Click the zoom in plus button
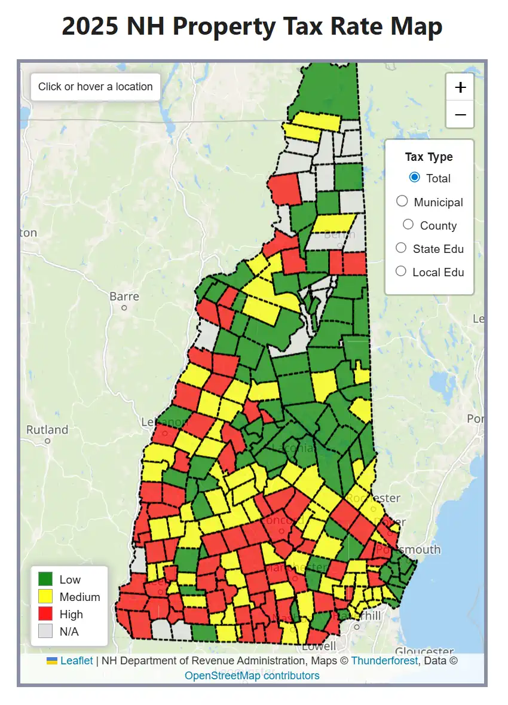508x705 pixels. [460, 87]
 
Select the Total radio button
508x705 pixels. [414, 177]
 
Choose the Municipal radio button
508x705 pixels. [402, 202]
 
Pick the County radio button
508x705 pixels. [408, 224]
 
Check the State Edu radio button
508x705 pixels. [402, 248]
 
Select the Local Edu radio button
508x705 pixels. [402, 271]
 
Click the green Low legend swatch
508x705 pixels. [45, 579]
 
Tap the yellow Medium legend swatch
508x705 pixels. [45, 596]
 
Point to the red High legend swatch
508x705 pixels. [45, 614]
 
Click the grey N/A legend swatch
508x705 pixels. [45, 631]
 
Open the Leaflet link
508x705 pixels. [76, 661]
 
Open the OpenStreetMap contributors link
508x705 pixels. [252, 676]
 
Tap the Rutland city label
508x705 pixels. [47, 429]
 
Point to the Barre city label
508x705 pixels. [124, 296]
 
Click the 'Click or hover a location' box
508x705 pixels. [96, 87]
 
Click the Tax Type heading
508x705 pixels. [429, 157]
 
